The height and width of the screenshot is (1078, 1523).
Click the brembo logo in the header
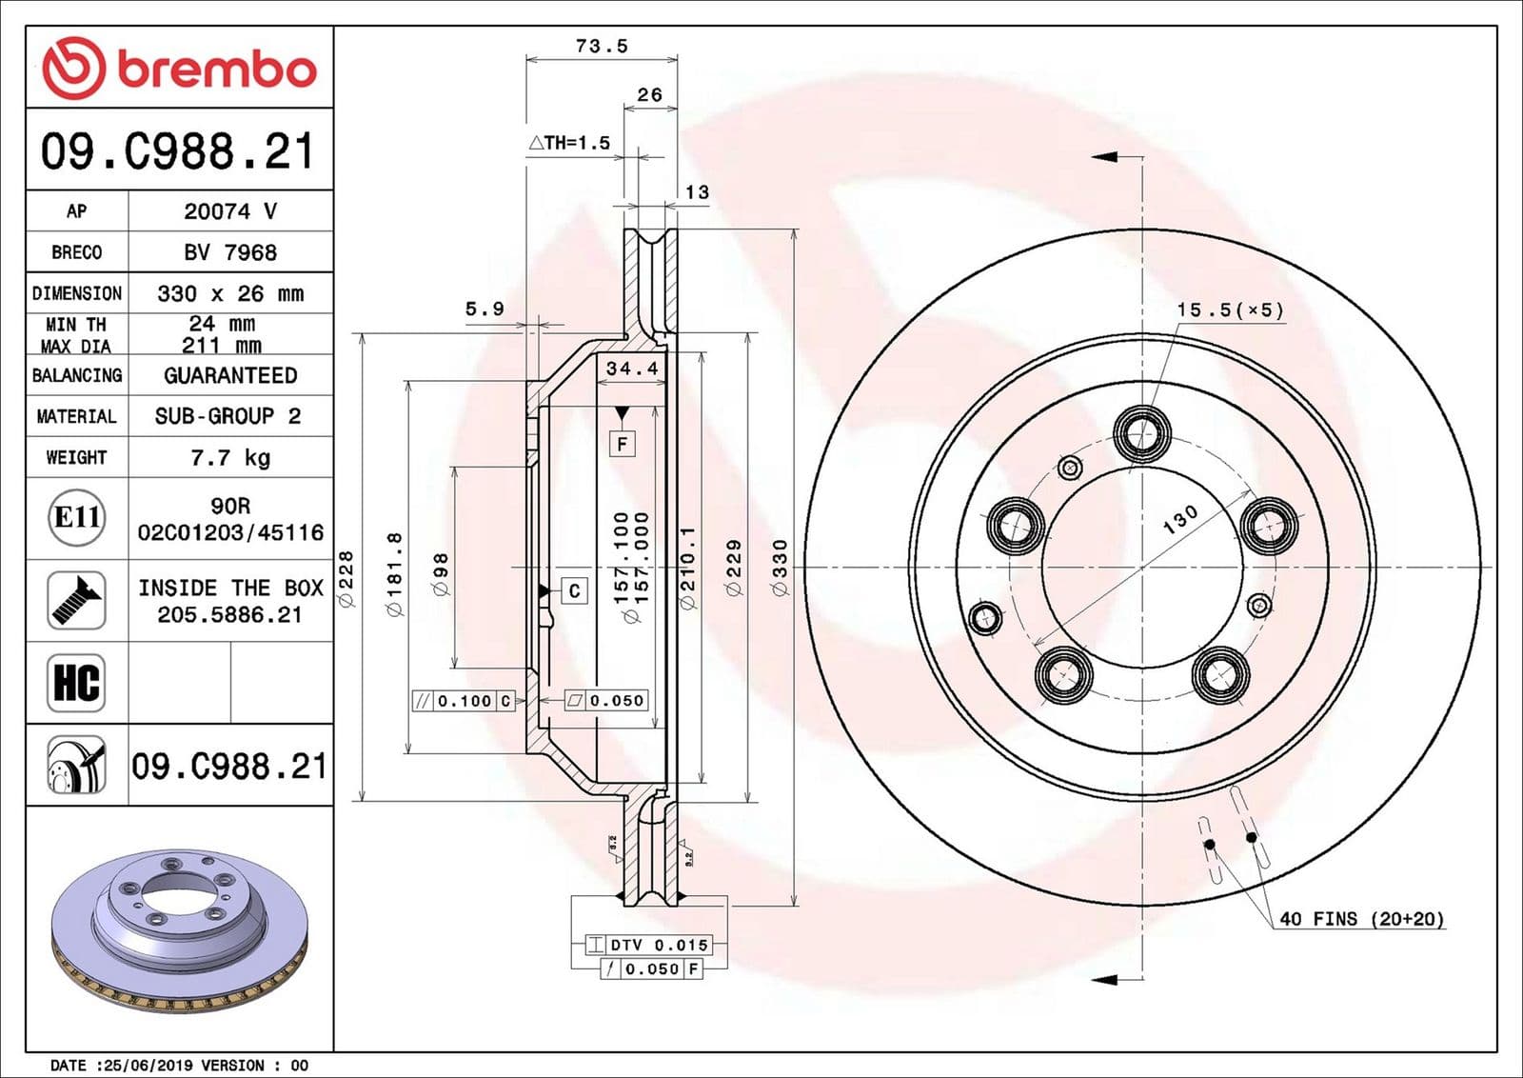(x=179, y=68)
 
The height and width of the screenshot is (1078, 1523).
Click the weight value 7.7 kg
(x=230, y=457)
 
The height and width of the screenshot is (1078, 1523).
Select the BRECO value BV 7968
(x=230, y=252)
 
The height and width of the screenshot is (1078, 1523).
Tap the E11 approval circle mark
(x=77, y=517)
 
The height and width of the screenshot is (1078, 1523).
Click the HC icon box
(x=76, y=683)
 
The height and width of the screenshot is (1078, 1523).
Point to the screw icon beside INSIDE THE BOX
(x=76, y=600)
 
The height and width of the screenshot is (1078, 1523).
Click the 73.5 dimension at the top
(x=602, y=46)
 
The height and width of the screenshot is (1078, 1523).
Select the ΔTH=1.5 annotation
(x=570, y=143)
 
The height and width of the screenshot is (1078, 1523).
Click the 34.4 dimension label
(x=632, y=368)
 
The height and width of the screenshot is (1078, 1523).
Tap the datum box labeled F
(x=622, y=444)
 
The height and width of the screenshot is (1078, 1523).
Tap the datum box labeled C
(x=574, y=590)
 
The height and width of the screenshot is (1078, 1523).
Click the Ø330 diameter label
(x=781, y=568)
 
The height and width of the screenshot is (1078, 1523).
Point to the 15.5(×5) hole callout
(x=1230, y=310)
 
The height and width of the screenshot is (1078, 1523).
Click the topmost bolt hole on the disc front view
(x=1142, y=433)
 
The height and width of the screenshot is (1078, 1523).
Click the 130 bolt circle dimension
(x=1180, y=519)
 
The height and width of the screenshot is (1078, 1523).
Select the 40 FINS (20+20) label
(x=1361, y=919)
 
